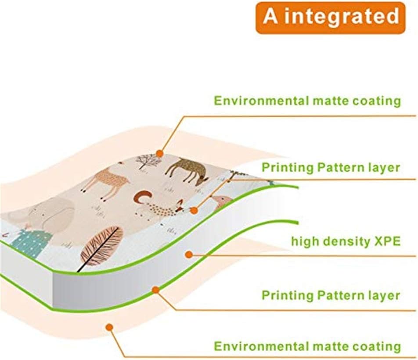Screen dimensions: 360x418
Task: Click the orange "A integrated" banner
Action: tap(330, 18)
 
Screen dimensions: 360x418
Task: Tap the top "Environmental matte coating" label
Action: tap(307, 101)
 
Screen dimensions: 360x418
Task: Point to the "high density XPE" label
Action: tap(346, 241)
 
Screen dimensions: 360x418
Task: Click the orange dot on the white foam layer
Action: tap(189, 254)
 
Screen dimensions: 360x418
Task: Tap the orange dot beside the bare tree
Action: tap(159, 154)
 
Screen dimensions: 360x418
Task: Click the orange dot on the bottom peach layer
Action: tap(109, 327)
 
